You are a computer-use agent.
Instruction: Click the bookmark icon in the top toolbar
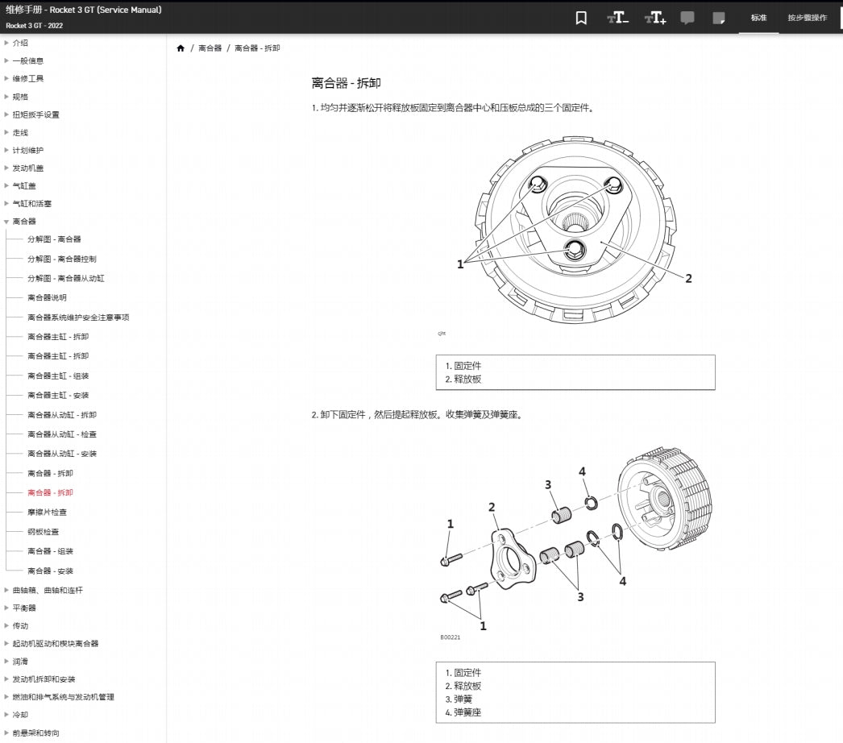[581, 18]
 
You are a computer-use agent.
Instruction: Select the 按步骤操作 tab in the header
[807, 18]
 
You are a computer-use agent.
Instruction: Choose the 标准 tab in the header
[758, 18]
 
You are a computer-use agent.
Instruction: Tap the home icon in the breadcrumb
[181, 48]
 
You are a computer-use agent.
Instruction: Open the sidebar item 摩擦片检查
[48, 513]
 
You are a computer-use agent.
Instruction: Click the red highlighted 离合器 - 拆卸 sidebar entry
[50, 493]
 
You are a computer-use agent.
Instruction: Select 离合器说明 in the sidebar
[48, 298]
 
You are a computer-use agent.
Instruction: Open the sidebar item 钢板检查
[44, 532]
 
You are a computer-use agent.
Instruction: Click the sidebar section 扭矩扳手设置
[35, 114]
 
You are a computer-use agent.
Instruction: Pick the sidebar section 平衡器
[24, 608]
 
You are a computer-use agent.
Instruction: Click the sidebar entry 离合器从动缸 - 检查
[62, 434]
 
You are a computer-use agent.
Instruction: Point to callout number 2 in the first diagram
[688, 279]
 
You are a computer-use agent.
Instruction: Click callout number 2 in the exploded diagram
[492, 507]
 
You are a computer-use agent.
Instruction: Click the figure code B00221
[451, 637]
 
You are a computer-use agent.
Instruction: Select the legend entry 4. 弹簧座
[463, 712]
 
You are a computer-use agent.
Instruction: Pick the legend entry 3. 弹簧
[459, 699]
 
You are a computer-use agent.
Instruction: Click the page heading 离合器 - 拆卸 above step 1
[346, 83]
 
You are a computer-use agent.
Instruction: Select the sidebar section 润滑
[20, 662]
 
